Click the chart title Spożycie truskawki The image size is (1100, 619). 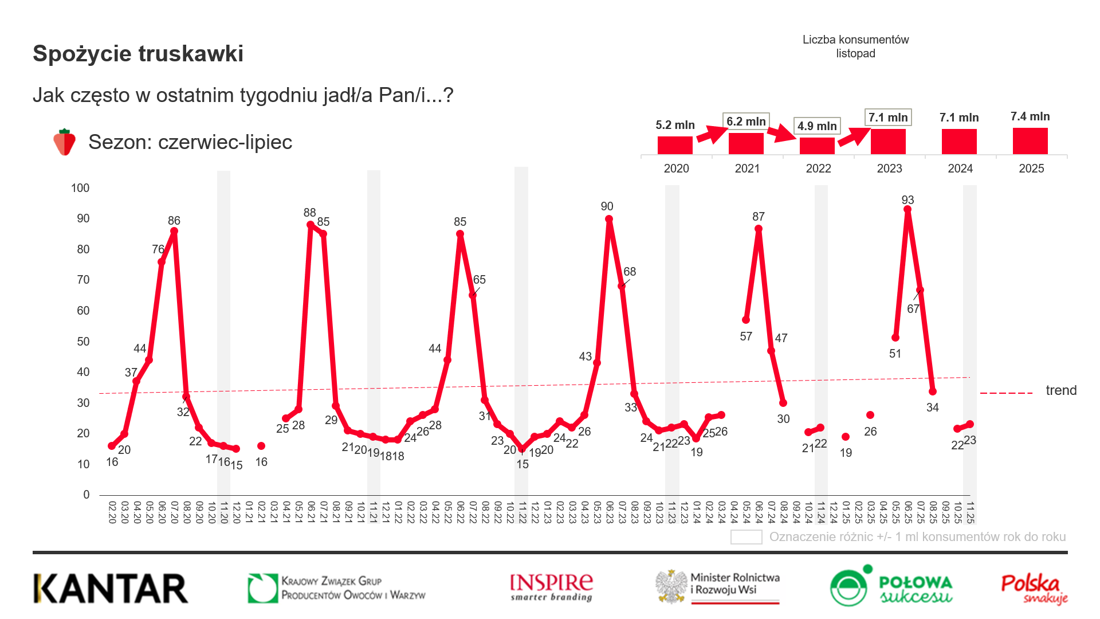(138, 53)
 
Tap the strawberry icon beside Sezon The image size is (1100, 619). (64, 142)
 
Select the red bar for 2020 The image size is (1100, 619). (675, 145)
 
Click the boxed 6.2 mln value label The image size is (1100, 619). (746, 122)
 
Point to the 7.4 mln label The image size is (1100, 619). (1030, 116)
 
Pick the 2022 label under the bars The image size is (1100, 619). (818, 169)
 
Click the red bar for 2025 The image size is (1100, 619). (1030, 141)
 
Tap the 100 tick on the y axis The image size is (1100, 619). (80, 188)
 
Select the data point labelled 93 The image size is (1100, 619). (907, 210)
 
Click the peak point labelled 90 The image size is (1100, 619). (609, 220)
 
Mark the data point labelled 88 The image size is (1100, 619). (311, 225)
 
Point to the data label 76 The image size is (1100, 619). (158, 249)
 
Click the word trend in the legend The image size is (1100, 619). (1061, 390)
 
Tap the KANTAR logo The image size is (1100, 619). (111, 589)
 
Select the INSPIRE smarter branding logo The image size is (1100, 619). (551, 587)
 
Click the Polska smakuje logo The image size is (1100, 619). (1034, 589)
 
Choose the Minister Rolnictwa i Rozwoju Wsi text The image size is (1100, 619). (734, 583)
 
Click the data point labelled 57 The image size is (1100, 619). (746, 320)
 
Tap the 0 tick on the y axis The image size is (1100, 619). (87, 495)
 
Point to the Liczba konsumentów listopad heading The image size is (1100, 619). (855, 46)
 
